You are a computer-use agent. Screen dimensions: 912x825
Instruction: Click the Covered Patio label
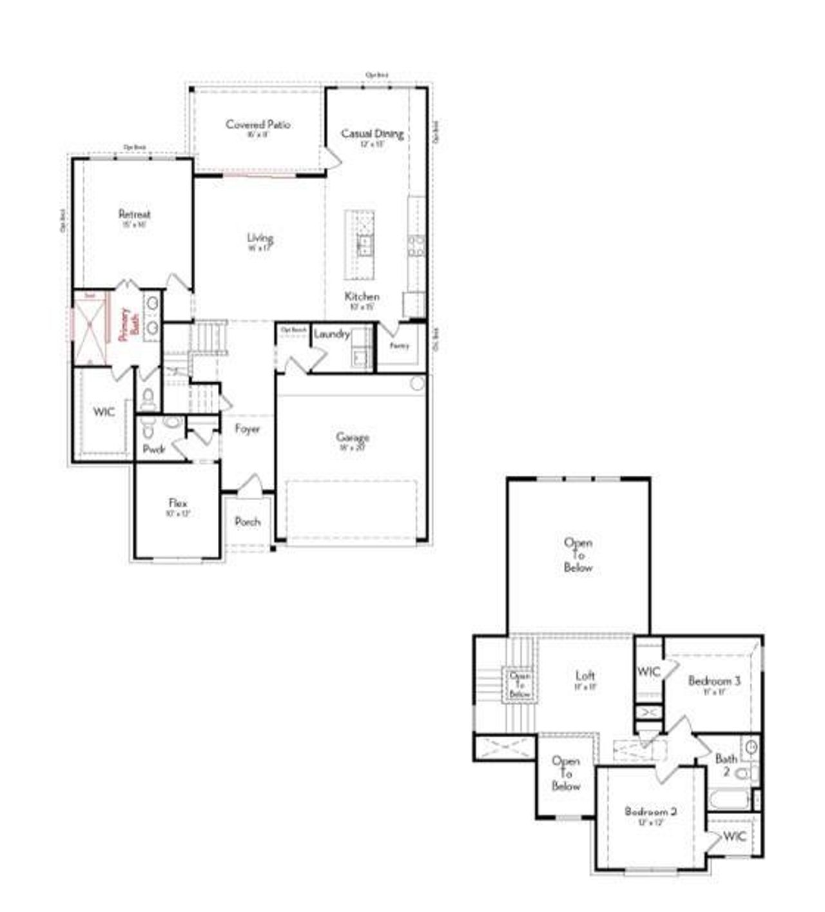pyautogui.click(x=258, y=124)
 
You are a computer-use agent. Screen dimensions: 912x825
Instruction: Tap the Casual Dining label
pyautogui.click(x=372, y=133)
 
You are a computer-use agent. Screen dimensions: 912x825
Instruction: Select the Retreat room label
pyautogui.click(x=134, y=214)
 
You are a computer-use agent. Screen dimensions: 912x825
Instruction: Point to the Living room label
pyautogui.click(x=260, y=238)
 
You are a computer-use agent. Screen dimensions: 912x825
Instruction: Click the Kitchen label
pyautogui.click(x=362, y=296)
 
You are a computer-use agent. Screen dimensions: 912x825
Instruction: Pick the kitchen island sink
pyautogui.click(x=365, y=244)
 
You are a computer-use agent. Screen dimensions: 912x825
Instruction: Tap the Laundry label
pyautogui.click(x=331, y=334)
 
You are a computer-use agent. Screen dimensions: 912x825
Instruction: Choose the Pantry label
pyautogui.click(x=400, y=345)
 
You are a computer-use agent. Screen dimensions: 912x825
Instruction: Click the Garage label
pyautogui.click(x=353, y=438)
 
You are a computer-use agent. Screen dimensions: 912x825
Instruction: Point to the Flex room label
pyautogui.click(x=178, y=503)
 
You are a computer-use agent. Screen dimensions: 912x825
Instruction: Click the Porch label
pyautogui.click(x=247, y=521)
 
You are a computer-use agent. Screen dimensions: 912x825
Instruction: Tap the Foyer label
pyautogui.click(x=247, y=429)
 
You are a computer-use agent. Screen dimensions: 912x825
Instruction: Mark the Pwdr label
pyautogui.click(x=154, y=449)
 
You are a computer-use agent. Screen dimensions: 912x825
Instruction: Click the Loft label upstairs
pyautogui.click(x=585, y=675)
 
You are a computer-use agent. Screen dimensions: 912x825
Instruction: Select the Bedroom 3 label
pyautogui.click(x=714, y=681)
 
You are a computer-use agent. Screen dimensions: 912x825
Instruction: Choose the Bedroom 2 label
pyautogui.click(x=650, y=811)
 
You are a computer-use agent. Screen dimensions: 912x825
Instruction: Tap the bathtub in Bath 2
pyautogui.click(x=729, y=800)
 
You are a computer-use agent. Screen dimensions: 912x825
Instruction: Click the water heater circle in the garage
pyautogui.click(x=418, y=383)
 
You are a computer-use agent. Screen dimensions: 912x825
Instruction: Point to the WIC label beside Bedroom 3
pyautogui.click(x=649, y=672)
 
